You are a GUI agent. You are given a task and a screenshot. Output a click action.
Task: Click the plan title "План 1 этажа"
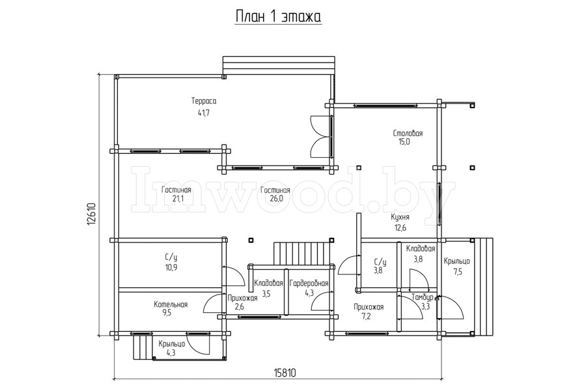pyautogui.click(x=279, y=16)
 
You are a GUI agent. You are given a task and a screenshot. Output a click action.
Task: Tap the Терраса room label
pyautogui.click(x=204, y=101)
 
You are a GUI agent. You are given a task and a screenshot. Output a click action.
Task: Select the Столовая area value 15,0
pyautogui.click(x=404, y=141)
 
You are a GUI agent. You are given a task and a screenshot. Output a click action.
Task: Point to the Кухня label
pyautogui.click(x=400, y=218)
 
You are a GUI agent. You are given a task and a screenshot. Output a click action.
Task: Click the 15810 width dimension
pyautogui.click(x=285, y=373)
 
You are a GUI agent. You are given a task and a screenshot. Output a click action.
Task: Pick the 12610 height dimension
pyautogui.click(x=92, y=214)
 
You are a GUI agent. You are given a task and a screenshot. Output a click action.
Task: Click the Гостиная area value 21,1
pyautogui.click(x=178, y=199)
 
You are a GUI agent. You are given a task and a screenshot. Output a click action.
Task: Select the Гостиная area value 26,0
pyautogui.click(x=276, y=199)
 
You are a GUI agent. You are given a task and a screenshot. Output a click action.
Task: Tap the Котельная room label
pyautogui.click(x=171, y=304)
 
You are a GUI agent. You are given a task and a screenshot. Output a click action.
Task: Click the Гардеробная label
pyautogui.click(x=309, y=283)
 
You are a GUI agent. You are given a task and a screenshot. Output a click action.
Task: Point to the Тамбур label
pyautogui.click(x=423, y=297)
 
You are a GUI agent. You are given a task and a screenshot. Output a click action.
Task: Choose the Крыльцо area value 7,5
pyautogui.click(x=458, y=272)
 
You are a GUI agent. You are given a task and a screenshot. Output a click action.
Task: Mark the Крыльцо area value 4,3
pyautogui.click(x=171, y=353)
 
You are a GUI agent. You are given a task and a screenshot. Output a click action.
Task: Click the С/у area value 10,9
pyautogui.click(x=171, y=268)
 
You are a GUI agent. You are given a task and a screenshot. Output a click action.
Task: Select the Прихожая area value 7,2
pyautogui.click(x=369, y=317)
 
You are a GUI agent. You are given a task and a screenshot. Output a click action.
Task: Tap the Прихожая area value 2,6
pyautogui.click(x=240, y=307)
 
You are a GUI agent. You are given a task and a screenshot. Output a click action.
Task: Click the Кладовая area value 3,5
pyautogui.click(x=266, y=294)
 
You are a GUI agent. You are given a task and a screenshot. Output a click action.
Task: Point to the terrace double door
pyautogui.click(x=322, y=136)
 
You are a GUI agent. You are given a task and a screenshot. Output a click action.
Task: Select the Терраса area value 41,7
pyautogui.click(x=204, y=113)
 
